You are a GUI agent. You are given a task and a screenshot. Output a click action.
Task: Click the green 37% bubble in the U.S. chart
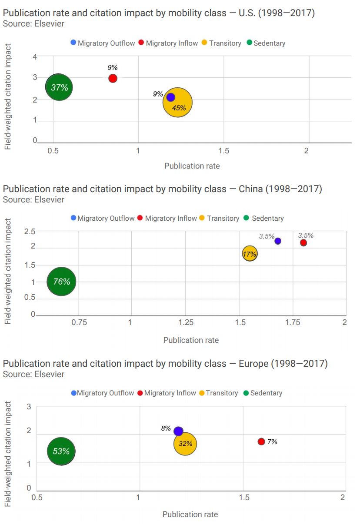click(x=59, y=87)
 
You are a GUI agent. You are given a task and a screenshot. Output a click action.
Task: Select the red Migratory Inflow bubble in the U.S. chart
click(x=113, y=78)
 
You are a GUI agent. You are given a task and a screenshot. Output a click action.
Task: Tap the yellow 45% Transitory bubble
click(x=178, y=103)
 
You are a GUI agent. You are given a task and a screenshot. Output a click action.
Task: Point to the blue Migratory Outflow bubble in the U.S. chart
click(x=170, y=97)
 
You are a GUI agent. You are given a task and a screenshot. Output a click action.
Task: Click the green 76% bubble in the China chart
click(x=62, y=281)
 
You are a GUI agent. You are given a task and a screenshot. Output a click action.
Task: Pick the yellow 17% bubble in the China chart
click(x=250, y=254)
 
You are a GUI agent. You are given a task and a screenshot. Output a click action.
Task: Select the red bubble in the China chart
click(x=303, y=242)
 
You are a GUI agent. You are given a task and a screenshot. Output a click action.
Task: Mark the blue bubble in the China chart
click(x=278, y=241)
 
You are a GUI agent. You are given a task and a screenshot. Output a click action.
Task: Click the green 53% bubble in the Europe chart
click(x=61, y=451)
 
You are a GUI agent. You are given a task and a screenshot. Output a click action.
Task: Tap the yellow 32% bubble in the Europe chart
click(x=186, y=444)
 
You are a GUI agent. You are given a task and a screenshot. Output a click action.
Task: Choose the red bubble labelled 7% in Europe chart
click(x=261, y=441)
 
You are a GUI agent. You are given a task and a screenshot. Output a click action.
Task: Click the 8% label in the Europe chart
click(x=166, y=428)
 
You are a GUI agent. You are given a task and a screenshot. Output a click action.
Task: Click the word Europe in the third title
click(x=253, y=364)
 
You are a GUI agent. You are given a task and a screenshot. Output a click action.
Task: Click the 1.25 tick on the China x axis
click(x=186, y=323)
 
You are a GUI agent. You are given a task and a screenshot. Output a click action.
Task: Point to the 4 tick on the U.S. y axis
click(x=35, y=57)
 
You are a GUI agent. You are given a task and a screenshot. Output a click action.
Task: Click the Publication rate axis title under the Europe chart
click(x=190, y=514)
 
